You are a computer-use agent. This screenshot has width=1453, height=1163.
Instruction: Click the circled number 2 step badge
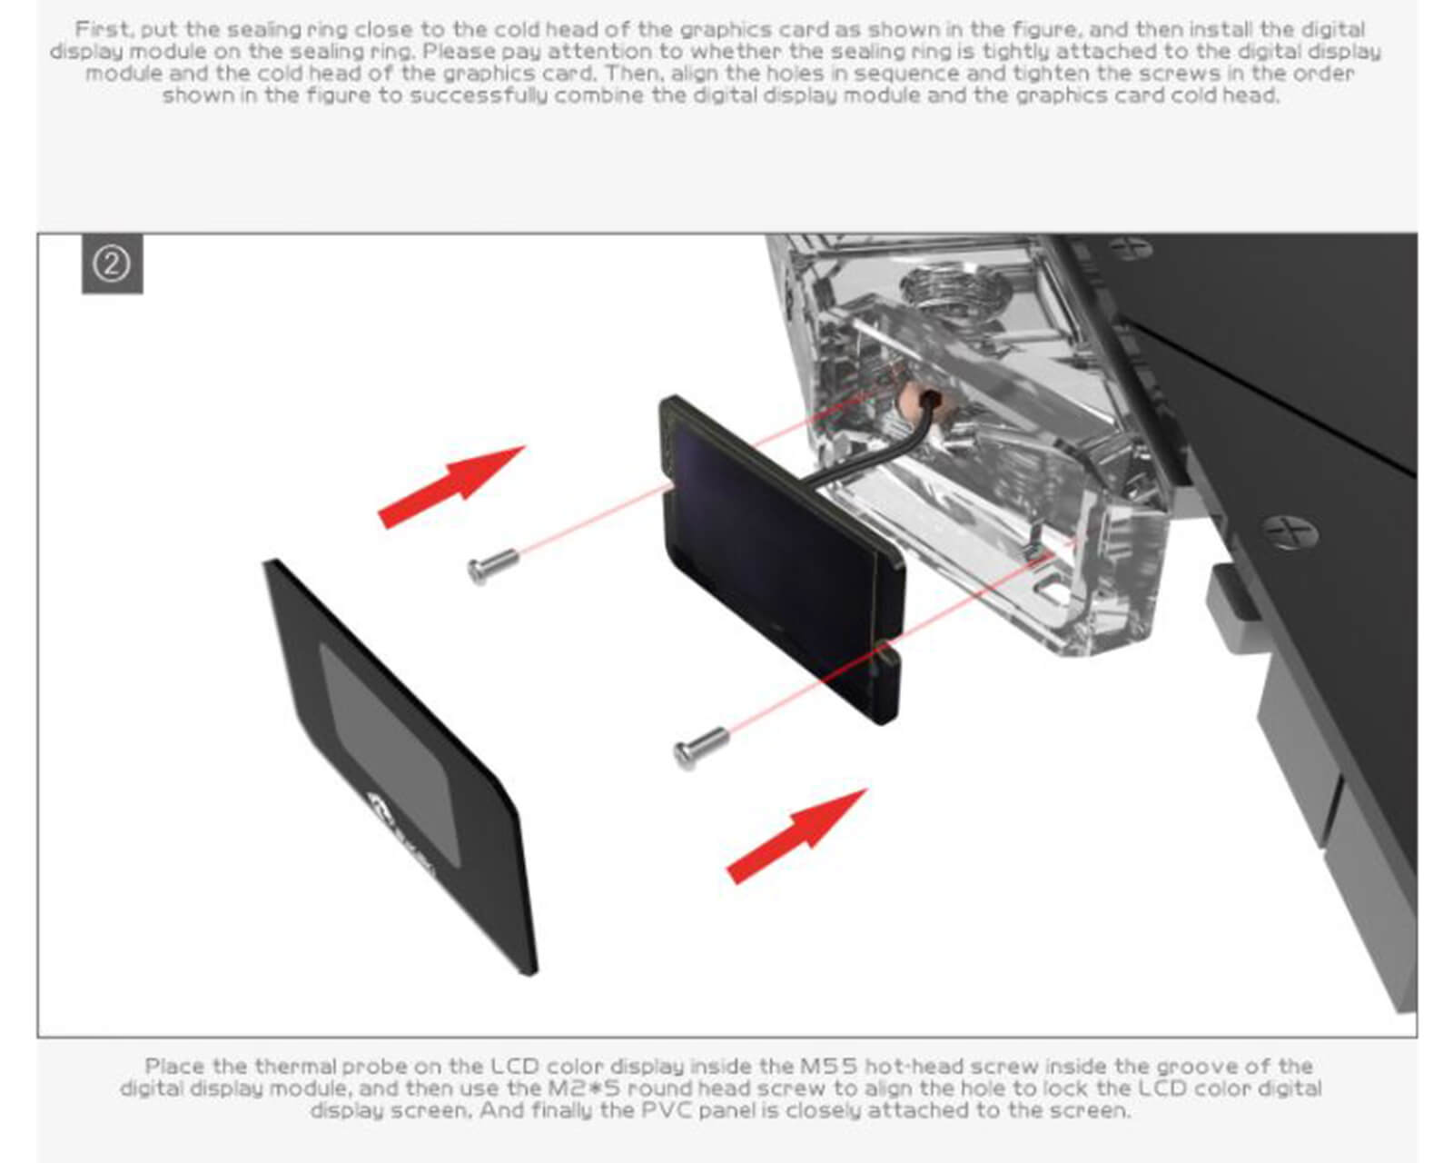[x=112, y=264]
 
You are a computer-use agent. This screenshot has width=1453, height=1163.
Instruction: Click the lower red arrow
[x=796, y=835]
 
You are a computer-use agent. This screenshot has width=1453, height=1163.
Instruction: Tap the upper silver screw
[x=493, y=566]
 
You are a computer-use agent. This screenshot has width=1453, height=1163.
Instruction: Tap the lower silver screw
[x=701, y=748]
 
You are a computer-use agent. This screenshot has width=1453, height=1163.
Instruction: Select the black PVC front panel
[x=400, y=767]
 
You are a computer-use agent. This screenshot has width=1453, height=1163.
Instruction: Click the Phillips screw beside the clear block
[x=1290, y=532]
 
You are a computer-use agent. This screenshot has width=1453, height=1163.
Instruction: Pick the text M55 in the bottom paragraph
[x=828, y=1067]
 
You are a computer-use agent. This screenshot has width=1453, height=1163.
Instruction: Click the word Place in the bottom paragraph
[x=174, y=1067]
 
